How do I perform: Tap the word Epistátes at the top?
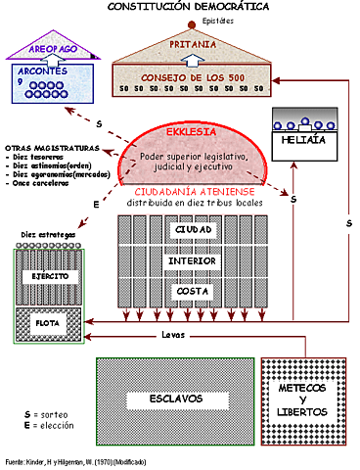[191, 20]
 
